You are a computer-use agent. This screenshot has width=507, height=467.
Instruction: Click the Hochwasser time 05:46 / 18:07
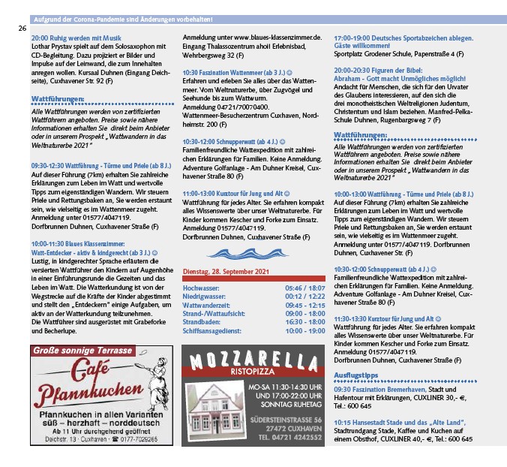point(304,288)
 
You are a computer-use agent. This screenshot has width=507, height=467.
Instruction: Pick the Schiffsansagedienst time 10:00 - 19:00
point(304,330)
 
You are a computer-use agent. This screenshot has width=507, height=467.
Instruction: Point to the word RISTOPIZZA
point(255,371)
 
